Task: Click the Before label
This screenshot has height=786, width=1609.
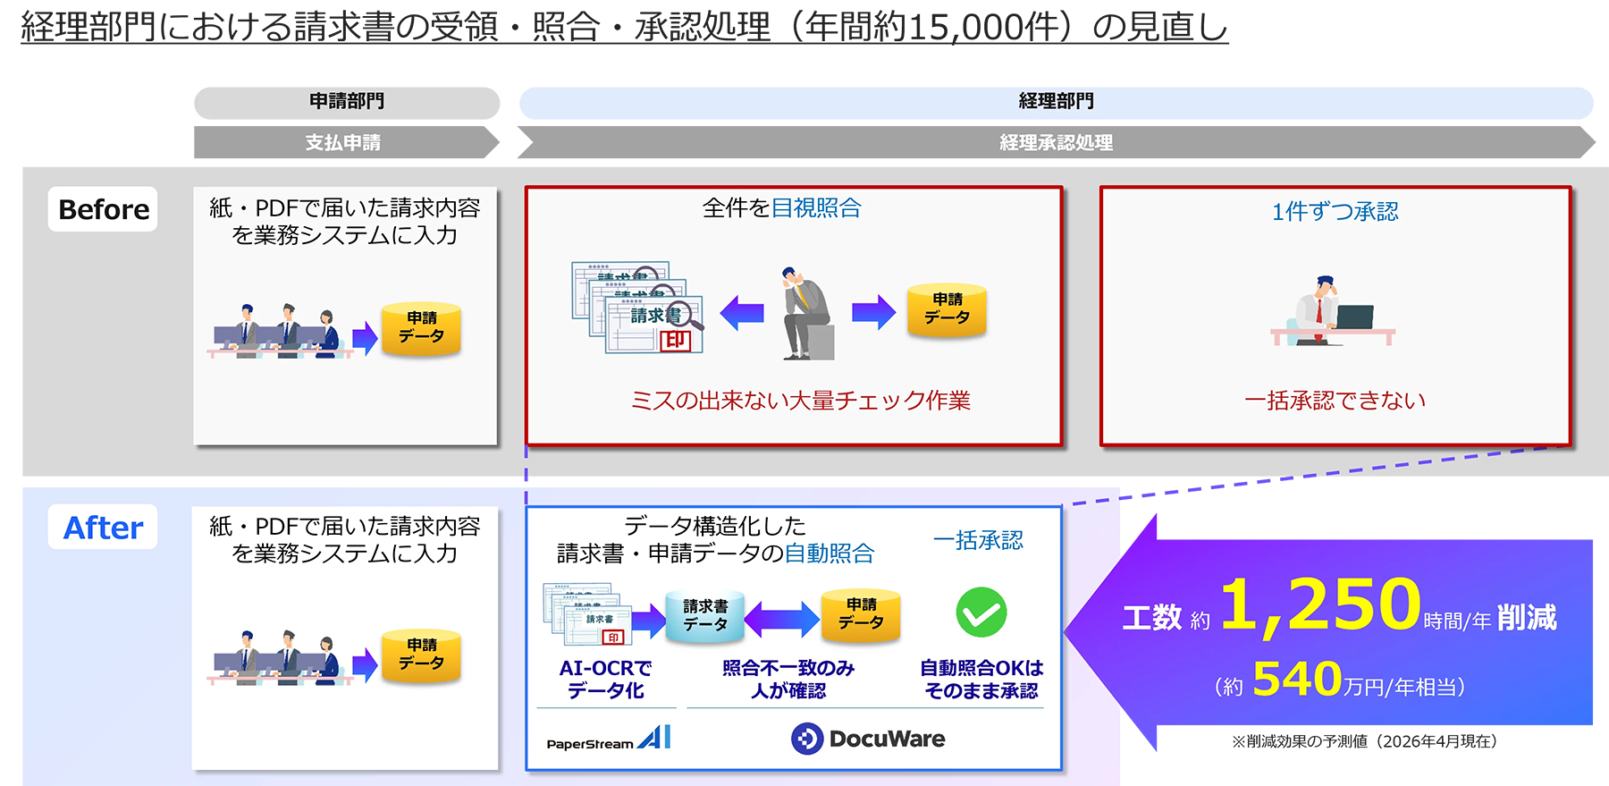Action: coord(103,209)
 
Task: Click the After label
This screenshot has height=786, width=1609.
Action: coord(103,528)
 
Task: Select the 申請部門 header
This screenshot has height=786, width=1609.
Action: coord(347,101)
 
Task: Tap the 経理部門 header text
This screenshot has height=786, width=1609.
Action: coord(1056,101)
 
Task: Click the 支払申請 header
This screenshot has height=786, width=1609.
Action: coord(343,143)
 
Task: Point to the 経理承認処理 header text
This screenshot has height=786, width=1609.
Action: coord(1056,143)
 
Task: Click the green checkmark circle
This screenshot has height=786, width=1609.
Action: coord(981,613)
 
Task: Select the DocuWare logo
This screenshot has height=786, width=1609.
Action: coord(868,739)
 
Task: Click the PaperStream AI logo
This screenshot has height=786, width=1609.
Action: coord(608,739)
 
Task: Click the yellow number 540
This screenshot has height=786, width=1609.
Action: coord(1297,680)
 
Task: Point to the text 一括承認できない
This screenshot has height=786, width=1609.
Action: coord(1335,401)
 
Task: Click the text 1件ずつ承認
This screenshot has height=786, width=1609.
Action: coord(1335,212)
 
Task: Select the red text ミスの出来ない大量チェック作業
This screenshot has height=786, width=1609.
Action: coord(800,401)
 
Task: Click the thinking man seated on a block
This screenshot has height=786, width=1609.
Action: coord(804,313)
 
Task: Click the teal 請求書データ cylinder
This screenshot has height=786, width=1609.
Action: coord(705,616)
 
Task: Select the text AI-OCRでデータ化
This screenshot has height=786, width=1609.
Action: coord(605,680)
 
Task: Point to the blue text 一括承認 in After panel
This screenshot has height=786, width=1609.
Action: coord(978,541)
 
